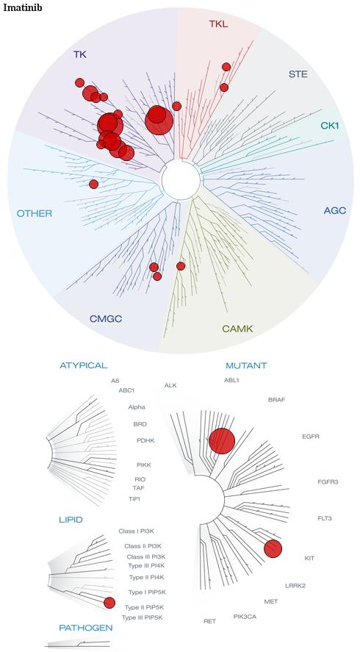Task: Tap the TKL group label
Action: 218,24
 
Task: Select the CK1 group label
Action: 330,125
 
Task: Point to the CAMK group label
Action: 237,329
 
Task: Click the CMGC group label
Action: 106,319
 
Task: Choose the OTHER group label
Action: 35,214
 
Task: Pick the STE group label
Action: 298,74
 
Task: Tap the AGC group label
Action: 334,210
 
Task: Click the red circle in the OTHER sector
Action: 93,184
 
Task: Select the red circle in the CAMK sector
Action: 181,265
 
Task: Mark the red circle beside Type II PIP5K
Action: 109,603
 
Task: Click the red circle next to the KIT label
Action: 273,548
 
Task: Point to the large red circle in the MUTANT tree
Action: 222,441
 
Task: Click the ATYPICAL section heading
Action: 84,365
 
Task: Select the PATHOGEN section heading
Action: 86,628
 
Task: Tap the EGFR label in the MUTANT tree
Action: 311,437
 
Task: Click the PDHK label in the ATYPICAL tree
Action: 145,440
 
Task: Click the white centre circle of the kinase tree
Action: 181,180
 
